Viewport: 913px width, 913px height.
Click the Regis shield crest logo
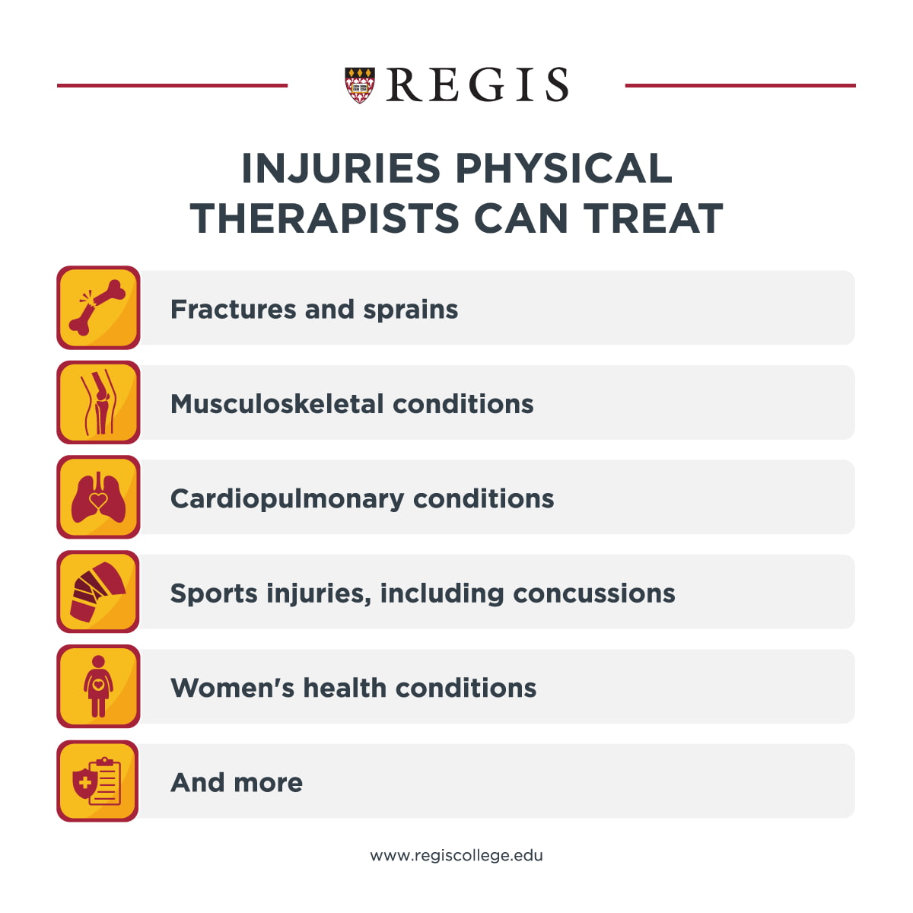point(360,85)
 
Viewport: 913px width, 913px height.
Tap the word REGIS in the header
point(478,84)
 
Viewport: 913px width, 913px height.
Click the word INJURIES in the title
point(341,168)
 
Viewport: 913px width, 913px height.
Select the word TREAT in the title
point(653,218)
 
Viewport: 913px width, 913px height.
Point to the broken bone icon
point(98,307)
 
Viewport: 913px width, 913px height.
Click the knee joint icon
point(98,402)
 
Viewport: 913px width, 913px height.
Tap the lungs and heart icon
point(98,497)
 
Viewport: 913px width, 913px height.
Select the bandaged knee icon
point(98,591)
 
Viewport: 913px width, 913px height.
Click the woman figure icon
point(98,686)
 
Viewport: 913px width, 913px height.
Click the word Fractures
point(233,309)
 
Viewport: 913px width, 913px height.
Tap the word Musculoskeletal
point(277,404)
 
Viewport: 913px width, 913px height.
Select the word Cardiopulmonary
point(287,500)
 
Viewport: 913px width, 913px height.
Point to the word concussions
point(594,593)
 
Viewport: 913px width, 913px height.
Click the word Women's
point(232,688)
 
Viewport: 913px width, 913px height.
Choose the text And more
point(237,783)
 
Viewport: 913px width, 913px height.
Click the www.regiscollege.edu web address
point(456,856)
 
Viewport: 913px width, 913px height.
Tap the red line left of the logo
point(173,86)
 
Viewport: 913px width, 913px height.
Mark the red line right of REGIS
point(740,86)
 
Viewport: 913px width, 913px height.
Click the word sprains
point(411,310)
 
